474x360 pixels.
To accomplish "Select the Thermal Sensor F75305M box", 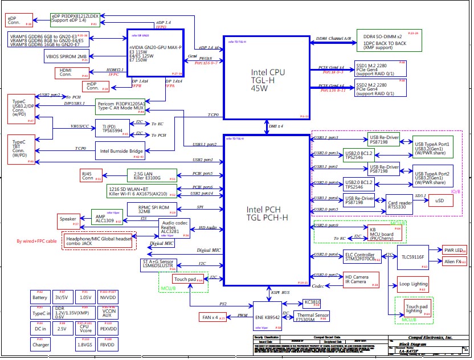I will coord(312,317).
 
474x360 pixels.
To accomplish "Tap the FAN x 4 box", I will coord(211,317).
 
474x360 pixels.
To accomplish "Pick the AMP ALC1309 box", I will coord(107,216).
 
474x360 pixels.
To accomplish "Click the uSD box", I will coord(440,201).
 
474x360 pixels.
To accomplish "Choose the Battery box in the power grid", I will coord(40,297).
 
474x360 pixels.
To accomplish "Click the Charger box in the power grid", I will coord(40,345).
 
